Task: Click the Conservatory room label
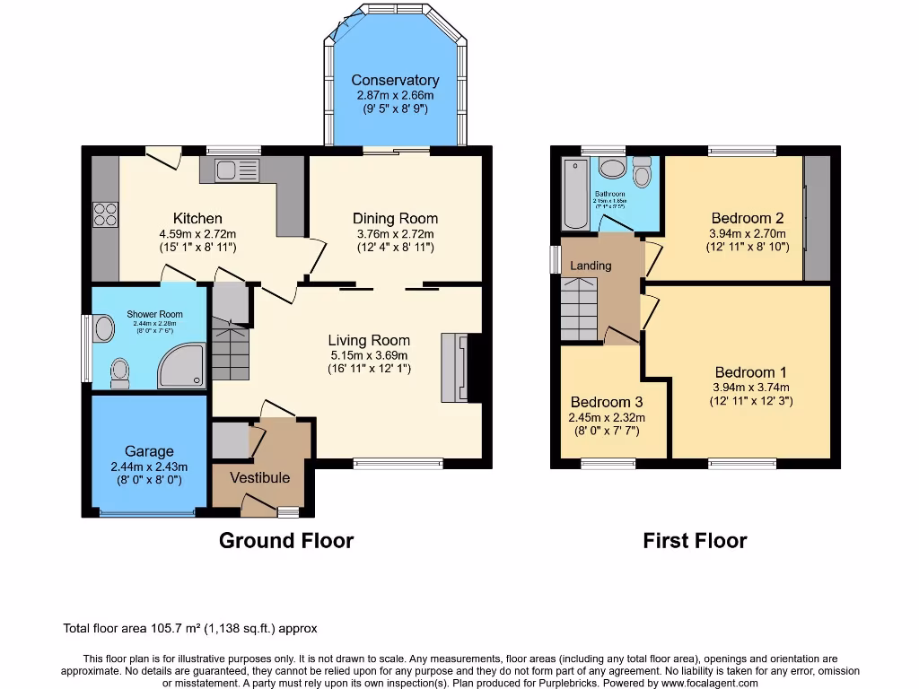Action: click(x=395, y=80)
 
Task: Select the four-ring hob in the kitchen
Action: click(x=105, y=215)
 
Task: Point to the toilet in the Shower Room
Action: click(x=119, y=371)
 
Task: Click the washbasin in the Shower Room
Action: click(x=104, y=329)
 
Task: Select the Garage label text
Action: click(x=149, y=451)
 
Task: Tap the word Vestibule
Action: click(x=260, y=477)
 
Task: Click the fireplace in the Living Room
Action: click(x=456, y=368)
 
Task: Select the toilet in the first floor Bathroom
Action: click(x=641, y=171)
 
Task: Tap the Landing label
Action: click(x=591, y=266)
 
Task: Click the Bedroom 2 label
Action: click(x=748, y=218)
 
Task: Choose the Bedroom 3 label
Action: click(x=607, y=401)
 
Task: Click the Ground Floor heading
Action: click(x=286, y=540)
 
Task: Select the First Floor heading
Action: click(x=695, y=540)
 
